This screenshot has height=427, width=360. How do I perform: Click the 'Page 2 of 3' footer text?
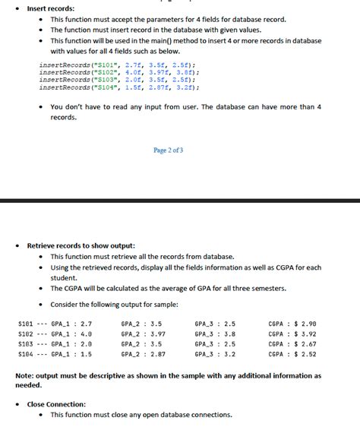click(x=168, y=150)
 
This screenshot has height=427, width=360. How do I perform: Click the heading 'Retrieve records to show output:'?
click(x=81, y=246)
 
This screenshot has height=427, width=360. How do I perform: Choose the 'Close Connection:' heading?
click(x=56, y=404)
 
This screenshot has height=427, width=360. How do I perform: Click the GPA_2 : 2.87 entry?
click(x=143, y=354)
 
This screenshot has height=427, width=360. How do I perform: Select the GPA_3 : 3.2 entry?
click(x=215, y=354)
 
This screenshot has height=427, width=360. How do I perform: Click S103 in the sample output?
click(x=24, y=344)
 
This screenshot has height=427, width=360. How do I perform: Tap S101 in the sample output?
click(x=24, y=324)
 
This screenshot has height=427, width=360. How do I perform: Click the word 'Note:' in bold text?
click(x=25, y=375)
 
